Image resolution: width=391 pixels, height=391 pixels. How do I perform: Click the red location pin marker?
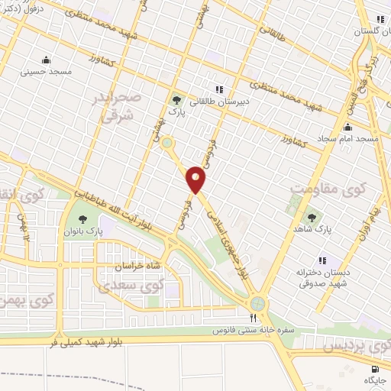tap(196, 179)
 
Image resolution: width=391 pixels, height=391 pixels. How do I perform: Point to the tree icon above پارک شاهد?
tap(311, 217)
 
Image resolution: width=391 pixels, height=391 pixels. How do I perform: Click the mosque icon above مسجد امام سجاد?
tap(348, 127)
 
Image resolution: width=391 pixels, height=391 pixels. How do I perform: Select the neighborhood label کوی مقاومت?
tap(329, 186)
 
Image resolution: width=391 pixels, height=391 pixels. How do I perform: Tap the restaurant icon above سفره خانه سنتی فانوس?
tap(253, 318)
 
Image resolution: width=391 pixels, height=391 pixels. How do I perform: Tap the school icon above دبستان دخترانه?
tap(324, 261)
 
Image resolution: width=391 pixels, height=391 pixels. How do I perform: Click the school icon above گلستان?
tap(380, 21)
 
